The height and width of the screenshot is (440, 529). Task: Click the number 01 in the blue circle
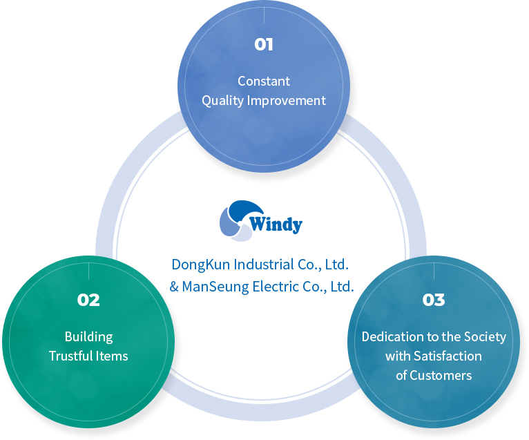pyautogui.click(x=264, y=45)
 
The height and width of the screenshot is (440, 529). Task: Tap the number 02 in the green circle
pyautogui.click(x=88, y=300)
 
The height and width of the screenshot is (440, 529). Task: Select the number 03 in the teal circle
pyautogui.click(x=434, y=300)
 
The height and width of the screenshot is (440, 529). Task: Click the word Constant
pyautogui.click(x=264, y=81)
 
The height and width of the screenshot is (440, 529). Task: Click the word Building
pyautogui.click(x=88, y=337)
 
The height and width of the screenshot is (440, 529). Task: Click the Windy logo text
pyautogui.click(x=276, y=224)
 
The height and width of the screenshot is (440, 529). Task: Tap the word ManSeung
pyautogui.click(x=213, y=285)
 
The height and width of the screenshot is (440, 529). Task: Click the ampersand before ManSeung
pyautogui.click(x=174, y=285)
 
